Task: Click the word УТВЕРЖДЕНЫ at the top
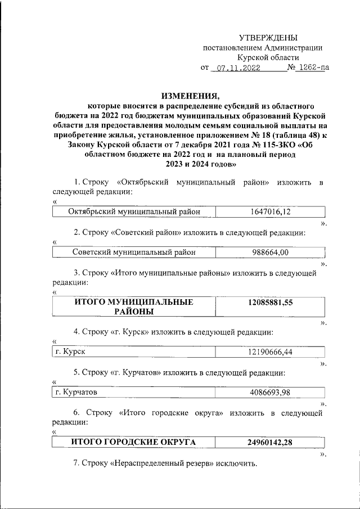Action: pyautogui.click(x=268, y=38)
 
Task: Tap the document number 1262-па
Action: pyautogui.click(x=313, y=68)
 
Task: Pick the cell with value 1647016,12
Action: pyautogui.click(x=271, y=212)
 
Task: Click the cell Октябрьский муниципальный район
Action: pyautogui.click(x=134, y=212)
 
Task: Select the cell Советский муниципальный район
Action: pyautogui.click(x=134, y=253)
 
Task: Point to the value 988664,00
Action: pyautogui.click(x=269, y=253)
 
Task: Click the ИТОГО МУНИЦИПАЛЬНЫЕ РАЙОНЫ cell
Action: pyautogui.click(x=134, y=307)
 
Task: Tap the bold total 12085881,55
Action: pyautogui.click(x=271, y=302)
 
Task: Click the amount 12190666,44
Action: pyautogui.click(x=271, y=352)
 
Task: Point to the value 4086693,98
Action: pyautogui.click(x=271, y=392)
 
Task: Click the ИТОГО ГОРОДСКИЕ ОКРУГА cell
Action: pyautogui.click(x=134, y=442)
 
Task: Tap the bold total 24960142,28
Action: pyautogui.click(x=271, y=442)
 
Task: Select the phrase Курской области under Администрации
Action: pyautogui.click(x=268, y=57)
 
